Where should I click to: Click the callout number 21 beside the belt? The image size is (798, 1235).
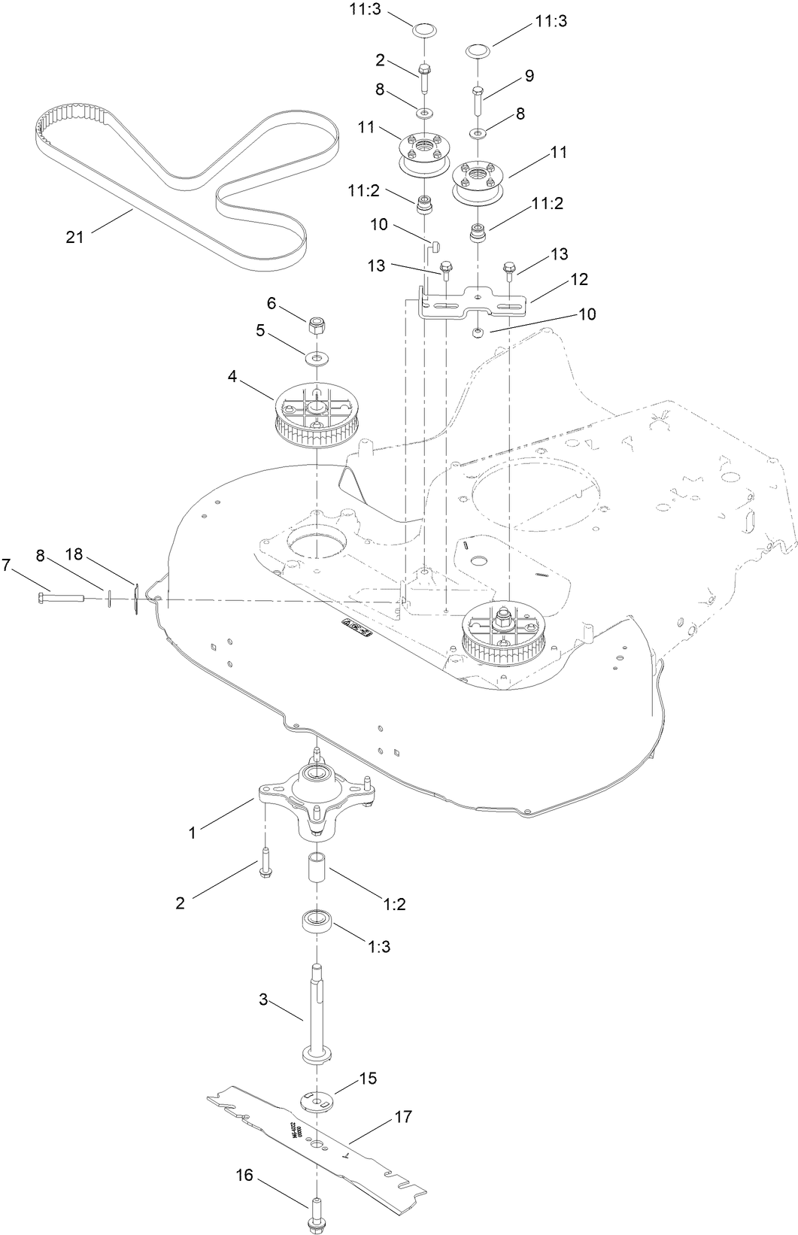(74, 238)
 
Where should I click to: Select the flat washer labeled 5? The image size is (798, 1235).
(317, 355)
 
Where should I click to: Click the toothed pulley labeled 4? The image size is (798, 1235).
(317, 415)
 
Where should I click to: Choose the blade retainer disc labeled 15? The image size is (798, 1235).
(317, 1099)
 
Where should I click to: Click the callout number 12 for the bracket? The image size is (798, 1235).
(578, 279)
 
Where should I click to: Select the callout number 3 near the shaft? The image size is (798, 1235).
(262, 999)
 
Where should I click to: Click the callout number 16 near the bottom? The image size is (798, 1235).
(245, 1155)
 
